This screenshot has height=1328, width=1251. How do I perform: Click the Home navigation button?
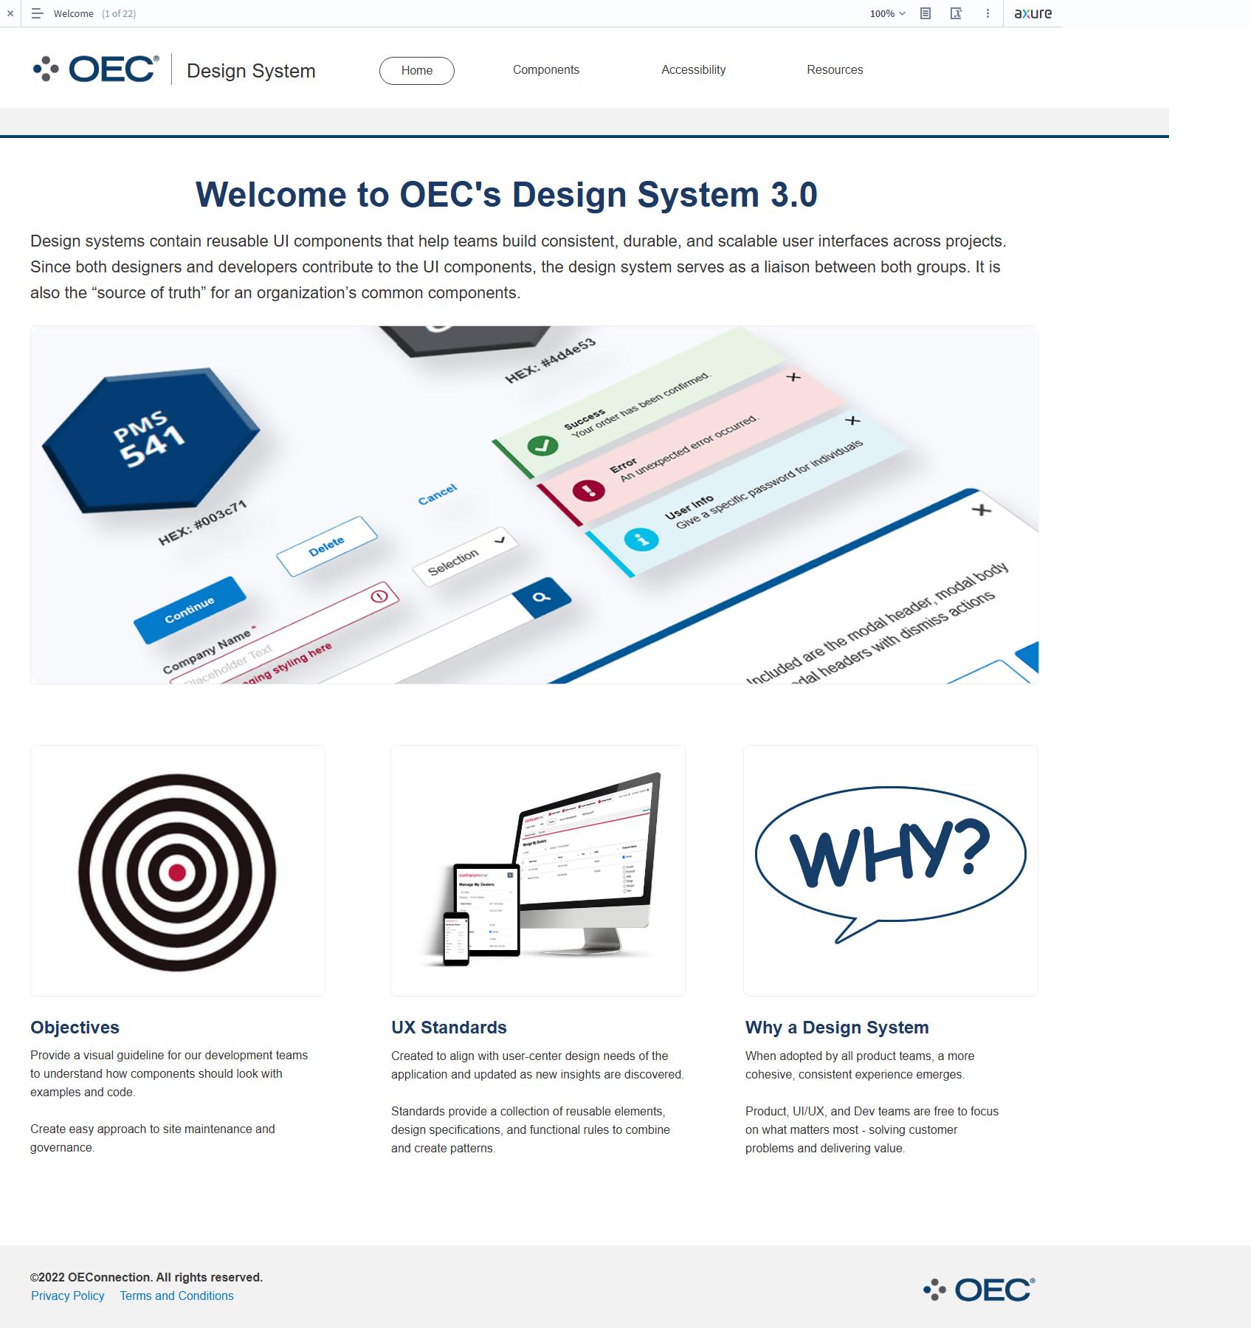click(416, 71)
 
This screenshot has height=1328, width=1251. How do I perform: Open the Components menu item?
click(545, 70)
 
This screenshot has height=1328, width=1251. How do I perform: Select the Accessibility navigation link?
click(693, 70)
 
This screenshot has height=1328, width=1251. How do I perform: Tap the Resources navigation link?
click(834, 70)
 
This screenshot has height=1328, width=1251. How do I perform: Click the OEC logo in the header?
click(97, 69)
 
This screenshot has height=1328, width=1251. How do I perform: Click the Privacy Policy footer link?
click(68, 1296)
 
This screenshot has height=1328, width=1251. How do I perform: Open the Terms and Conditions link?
click(176, 1296)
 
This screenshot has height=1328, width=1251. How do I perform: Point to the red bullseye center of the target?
click(177, 873)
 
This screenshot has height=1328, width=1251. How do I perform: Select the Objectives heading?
click(75, 1028)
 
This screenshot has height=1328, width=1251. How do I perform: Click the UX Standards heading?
click(449, 1028)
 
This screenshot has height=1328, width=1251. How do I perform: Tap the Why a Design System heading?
click(836, 1028)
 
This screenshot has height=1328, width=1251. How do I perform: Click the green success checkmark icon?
click(542, 446)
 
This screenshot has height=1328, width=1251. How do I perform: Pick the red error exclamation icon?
click(589, 490)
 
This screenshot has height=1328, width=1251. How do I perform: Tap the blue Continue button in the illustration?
click(190, 610)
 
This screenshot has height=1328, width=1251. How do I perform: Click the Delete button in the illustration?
click(326, 546)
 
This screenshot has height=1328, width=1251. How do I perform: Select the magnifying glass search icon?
click(542, 597)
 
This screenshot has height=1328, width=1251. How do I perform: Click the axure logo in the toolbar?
click(1033, 13)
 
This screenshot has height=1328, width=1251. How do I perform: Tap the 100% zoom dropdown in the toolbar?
click(887, 13)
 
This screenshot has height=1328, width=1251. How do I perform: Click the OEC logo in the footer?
click(979, 1290)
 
